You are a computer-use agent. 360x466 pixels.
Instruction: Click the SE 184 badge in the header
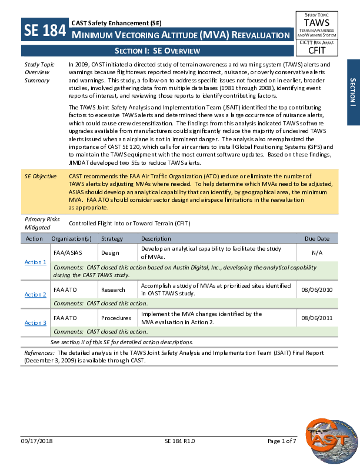pos(45,30)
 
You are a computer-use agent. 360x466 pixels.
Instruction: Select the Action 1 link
pos(35,262)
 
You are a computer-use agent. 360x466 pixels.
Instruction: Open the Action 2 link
pos(35,294)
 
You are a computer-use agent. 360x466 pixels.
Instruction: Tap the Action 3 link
pos(35,322)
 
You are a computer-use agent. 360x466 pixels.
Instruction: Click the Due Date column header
pos(317,239)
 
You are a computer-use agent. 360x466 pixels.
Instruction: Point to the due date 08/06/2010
pos(316,289)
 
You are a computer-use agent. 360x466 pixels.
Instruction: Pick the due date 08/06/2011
pos(316,318)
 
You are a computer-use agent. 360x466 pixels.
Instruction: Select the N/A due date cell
pos(316,252)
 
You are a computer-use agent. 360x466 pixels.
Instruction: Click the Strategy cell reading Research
pos(113,289)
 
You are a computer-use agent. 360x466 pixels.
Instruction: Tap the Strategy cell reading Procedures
pos(116,318)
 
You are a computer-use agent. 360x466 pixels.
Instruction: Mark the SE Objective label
pos(41,176)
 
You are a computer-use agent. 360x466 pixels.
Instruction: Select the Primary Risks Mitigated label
pos(42,222)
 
